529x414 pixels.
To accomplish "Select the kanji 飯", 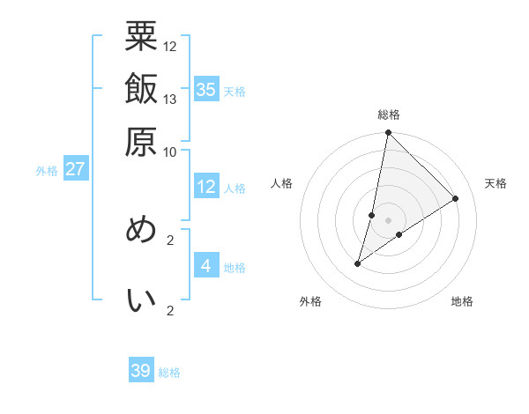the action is (x=141, y=90).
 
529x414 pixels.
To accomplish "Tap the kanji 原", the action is (x=141, y=141).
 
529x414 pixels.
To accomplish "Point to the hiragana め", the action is (x=141, y=231).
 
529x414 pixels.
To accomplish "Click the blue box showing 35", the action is (x=206, y=89).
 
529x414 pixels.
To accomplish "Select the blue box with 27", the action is (x=75, y=168).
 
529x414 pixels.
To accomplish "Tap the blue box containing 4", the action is (x=206, y=265).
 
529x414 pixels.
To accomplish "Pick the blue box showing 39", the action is (x=141, y=371).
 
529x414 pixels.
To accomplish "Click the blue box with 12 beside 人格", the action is (x=206, y=187).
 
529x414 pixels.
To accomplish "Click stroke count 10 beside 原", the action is (x=170, y=152).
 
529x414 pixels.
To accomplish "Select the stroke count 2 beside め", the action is (x=170, y=239).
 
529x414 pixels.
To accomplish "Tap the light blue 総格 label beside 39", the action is (x=169, y=373).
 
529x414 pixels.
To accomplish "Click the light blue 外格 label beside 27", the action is (x=47, y=170).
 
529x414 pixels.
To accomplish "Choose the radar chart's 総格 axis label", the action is (x=389, y=115).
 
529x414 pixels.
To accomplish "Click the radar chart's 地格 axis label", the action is (x=462, y=301).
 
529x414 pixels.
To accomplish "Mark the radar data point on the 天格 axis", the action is (x=456, y=198).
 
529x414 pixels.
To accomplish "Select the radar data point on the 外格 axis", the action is (x=357, y=263).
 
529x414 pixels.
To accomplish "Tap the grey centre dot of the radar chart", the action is (x=389, y=220).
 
